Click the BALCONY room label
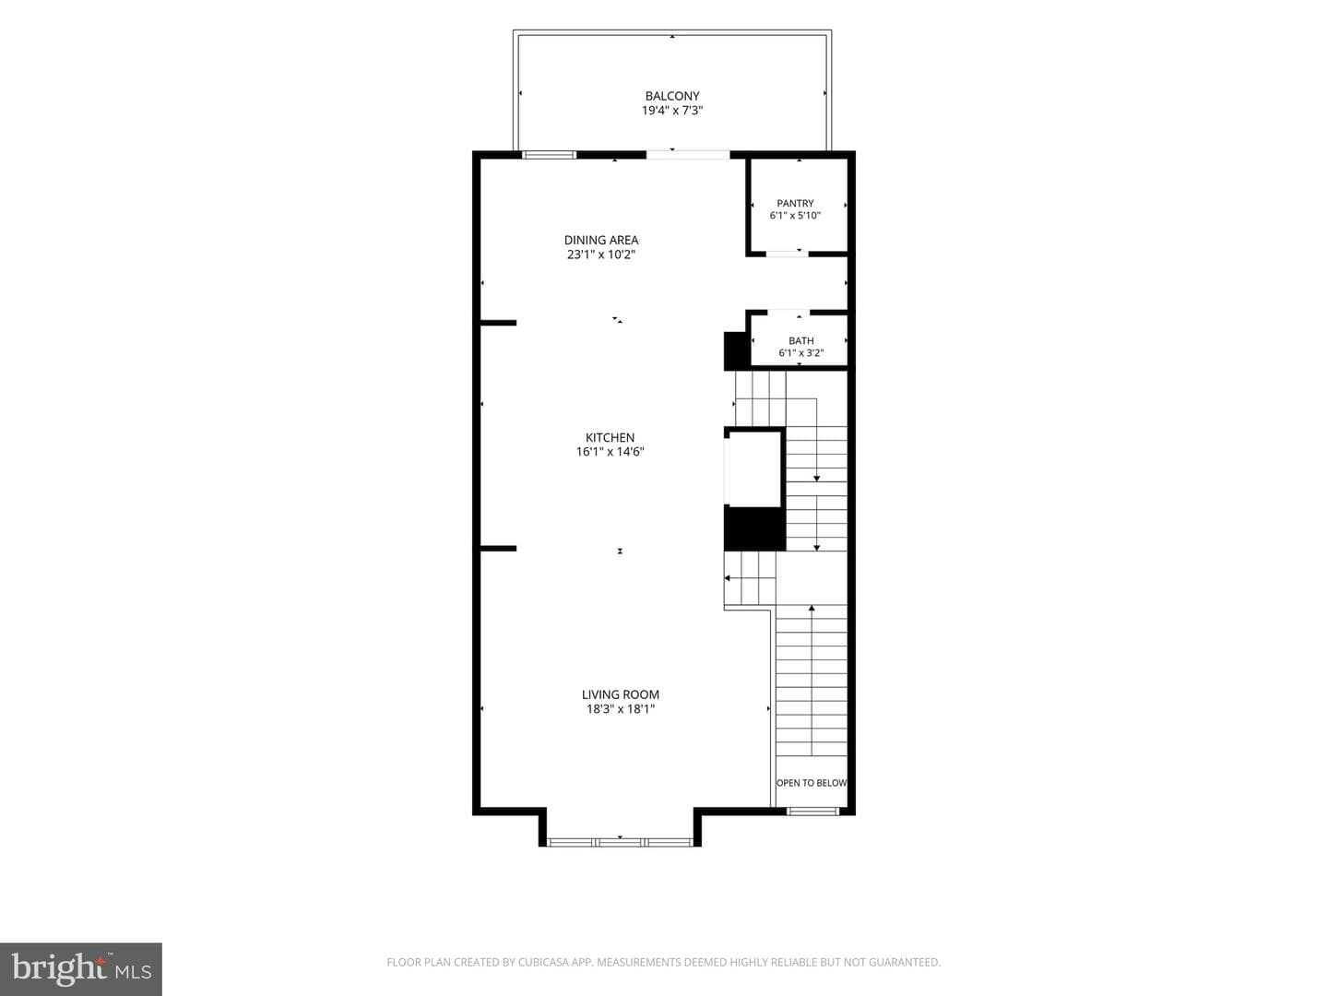(672, 96)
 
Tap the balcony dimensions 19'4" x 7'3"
(672, 111)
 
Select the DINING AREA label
(601, 240)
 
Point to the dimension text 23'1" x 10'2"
(601, 255)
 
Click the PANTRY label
(795, 203)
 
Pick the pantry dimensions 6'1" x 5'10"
(795, 215)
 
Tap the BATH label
(801, 341)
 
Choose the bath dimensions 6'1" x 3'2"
(801, 353)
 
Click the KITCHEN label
(610, 438)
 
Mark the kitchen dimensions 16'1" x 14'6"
(610, 452)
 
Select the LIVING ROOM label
(621, 694)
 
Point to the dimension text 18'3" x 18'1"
(621, 709)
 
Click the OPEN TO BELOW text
(812, 783)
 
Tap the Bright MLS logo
(81, 969)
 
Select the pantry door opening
(788, 254)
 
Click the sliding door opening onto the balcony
(688, 155)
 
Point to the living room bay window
(620, 842)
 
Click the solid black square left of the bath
(737, 350)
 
